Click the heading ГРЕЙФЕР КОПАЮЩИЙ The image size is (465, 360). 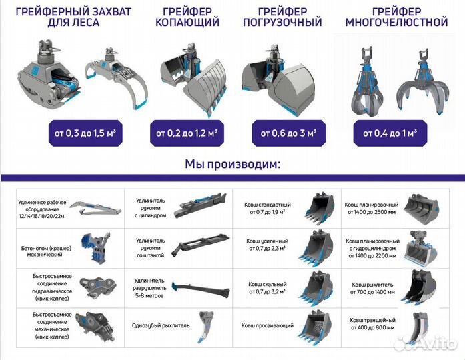coord(187,17)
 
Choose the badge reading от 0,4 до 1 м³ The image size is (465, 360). coord(388,133)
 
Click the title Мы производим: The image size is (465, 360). coord(232,164)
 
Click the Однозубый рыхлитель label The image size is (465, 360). coord(154,325)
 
